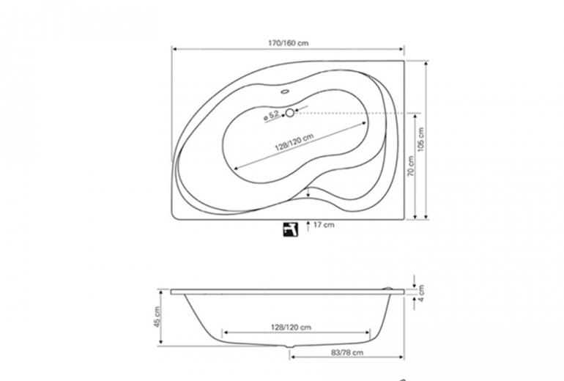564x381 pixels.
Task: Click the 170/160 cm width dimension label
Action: (x=288, y=42)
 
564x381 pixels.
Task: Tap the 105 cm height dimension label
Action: (x=421, y=139)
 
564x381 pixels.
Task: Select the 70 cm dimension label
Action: (x=411, y=166)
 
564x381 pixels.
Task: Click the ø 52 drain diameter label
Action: (x=271, y=115)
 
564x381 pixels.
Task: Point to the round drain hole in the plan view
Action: (x=290, y=113)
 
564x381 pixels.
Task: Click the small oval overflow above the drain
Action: (x=285, y=92)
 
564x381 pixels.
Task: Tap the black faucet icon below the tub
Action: (x=290, y=229)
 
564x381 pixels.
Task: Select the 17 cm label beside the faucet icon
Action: (x=324, y=225)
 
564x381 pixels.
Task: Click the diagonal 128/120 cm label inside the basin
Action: (x=294, y=142)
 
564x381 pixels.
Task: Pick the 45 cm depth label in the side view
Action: (x=157, y=317)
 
